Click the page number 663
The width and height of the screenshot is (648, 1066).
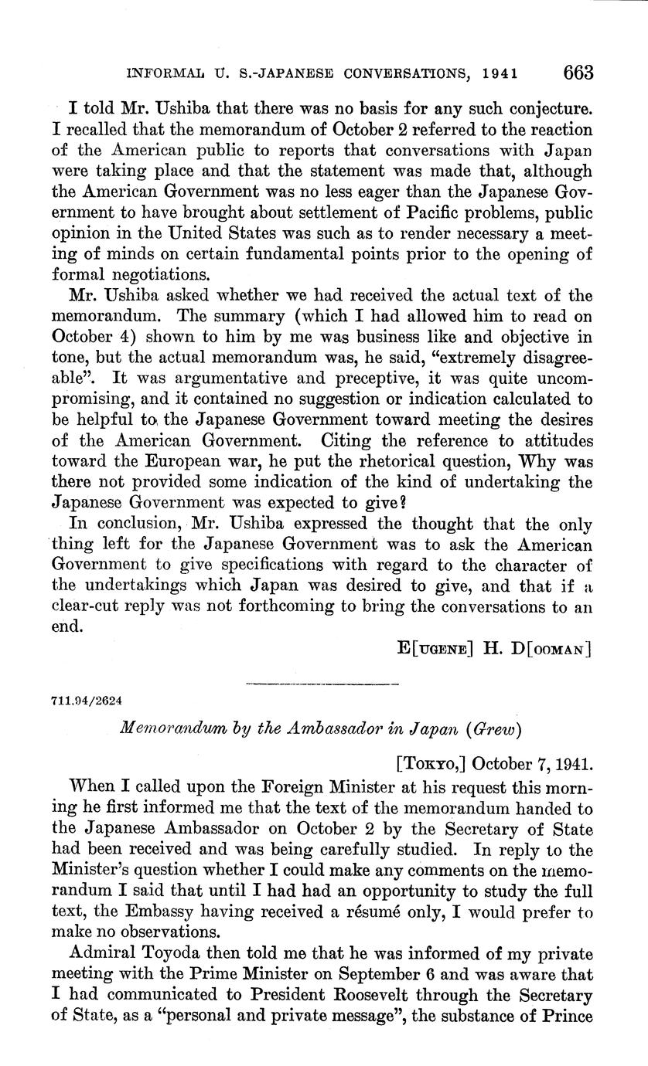[x=578, y=73]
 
